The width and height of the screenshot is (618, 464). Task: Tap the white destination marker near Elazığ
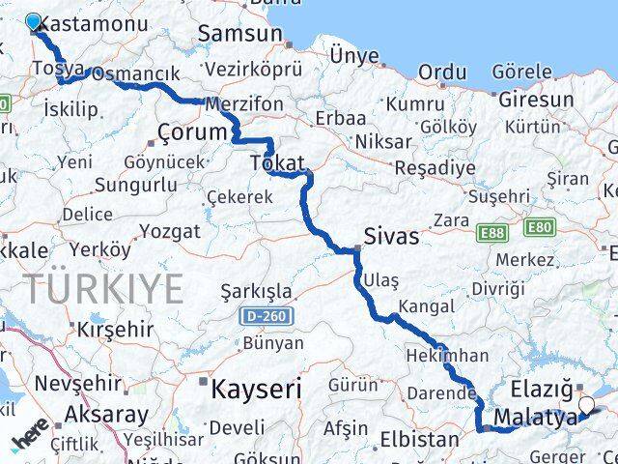pyautogui.click(x=586, y=405)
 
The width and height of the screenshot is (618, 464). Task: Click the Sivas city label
pyautogui.click(x=391, y=236)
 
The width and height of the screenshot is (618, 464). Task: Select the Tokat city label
pyautogui.click(x=277, y=162)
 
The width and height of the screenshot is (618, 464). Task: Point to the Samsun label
pyautogui.click(x=239, y=34)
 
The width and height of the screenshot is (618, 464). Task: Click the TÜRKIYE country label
pyautogui.click(x=103, y=288)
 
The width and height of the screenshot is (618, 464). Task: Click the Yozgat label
pyautogui.click(x=170, y=231)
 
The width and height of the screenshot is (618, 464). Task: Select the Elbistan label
pyautogui.click(x=418, y=438)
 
